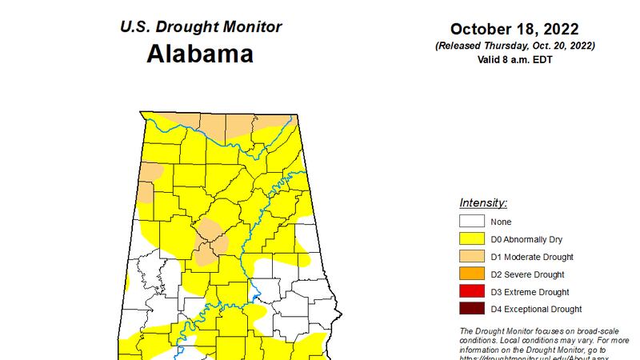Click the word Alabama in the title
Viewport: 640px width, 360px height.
tap(200, 54)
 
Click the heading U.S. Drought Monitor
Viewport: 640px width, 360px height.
tap(200, 26)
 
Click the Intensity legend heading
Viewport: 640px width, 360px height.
tap(483, 202)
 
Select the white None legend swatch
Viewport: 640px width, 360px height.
tap(471, 222)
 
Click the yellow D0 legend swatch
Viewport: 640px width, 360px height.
tap(471, 239)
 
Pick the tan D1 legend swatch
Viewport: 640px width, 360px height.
tap(471, 257)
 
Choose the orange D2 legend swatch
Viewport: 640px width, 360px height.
tap(471, 274)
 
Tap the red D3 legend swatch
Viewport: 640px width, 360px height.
tap(471, 292)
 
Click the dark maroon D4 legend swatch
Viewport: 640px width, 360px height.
tap(471, 310)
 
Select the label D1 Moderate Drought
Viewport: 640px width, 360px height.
tap(531, 257)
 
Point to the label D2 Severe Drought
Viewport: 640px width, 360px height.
tap(528, 274)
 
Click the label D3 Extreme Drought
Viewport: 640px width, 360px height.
tap(530, 292)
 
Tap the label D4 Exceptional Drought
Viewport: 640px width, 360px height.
tap(537, 310)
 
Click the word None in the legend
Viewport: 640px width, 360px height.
tap(502, 222)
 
